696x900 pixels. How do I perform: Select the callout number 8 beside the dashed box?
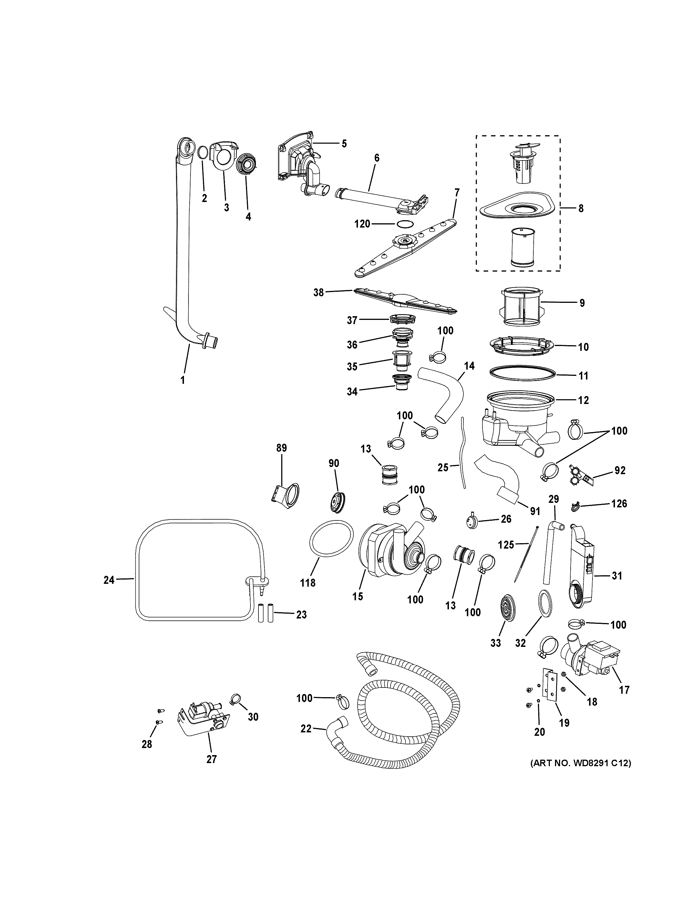581,209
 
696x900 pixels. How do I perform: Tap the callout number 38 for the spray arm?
318,293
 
